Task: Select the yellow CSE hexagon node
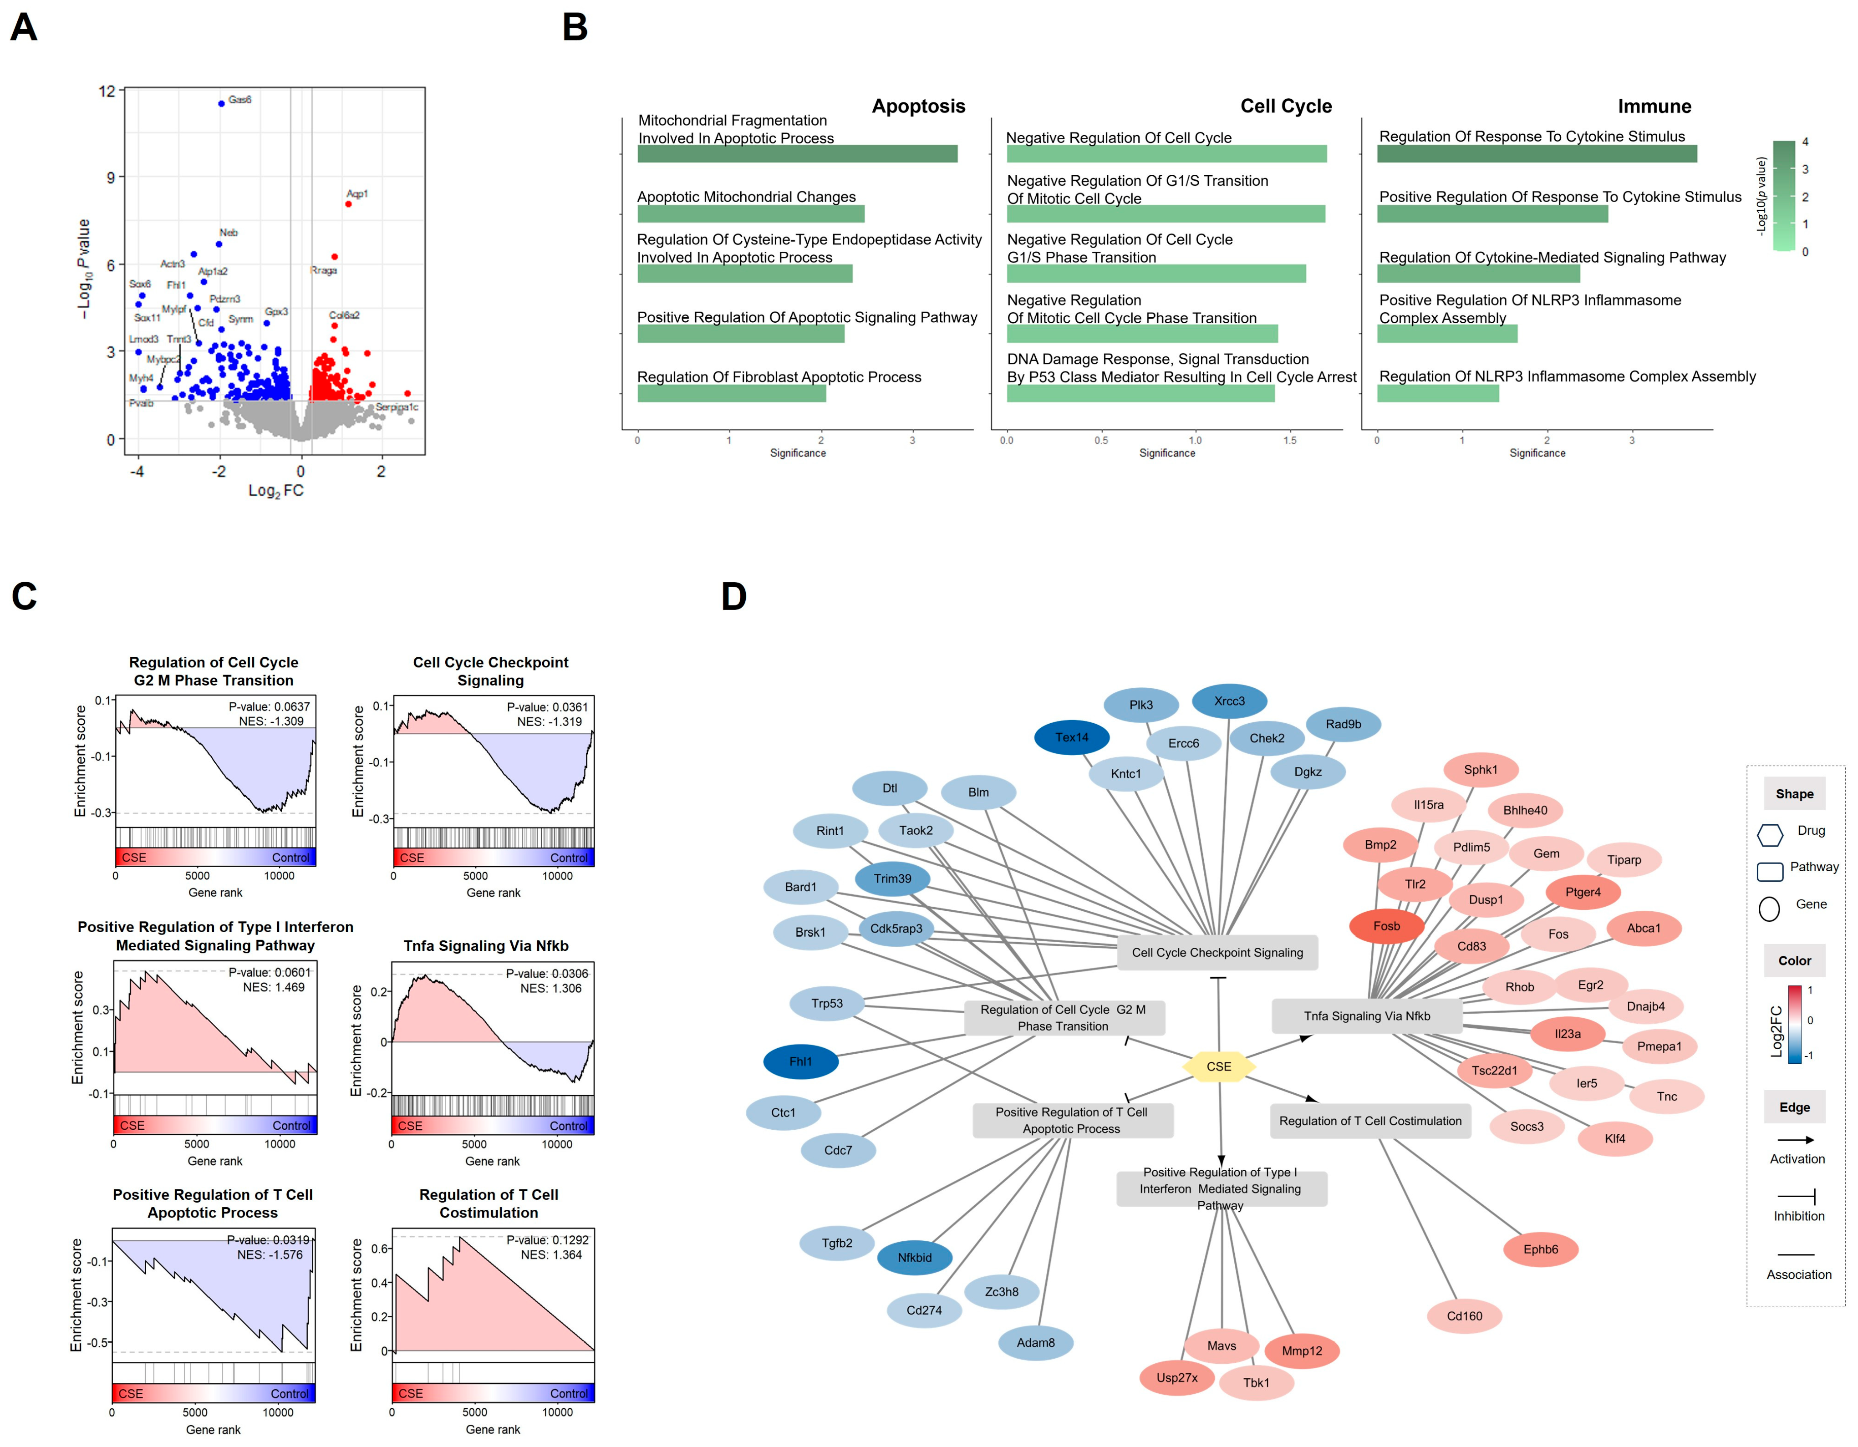(1218, 1066)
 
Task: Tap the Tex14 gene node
(1071, 737)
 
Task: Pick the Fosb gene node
(1386, 925)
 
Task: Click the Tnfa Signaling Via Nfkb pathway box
(1366, 1015)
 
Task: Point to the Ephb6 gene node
(1540, 1249)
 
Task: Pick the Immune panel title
(1654, 107)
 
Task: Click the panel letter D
(733, 596)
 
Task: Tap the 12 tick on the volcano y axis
(107, 91)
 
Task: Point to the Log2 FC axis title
(275, 491)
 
